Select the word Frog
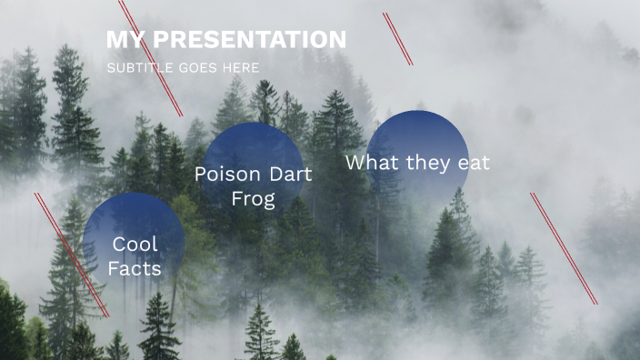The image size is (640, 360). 253,199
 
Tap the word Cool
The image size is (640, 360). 135,244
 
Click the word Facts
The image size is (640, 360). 135,269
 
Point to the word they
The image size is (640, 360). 431,163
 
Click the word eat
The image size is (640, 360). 475,163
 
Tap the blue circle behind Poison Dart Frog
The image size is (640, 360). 253,145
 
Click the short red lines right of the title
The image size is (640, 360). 398,39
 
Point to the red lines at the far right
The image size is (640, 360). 564,247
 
